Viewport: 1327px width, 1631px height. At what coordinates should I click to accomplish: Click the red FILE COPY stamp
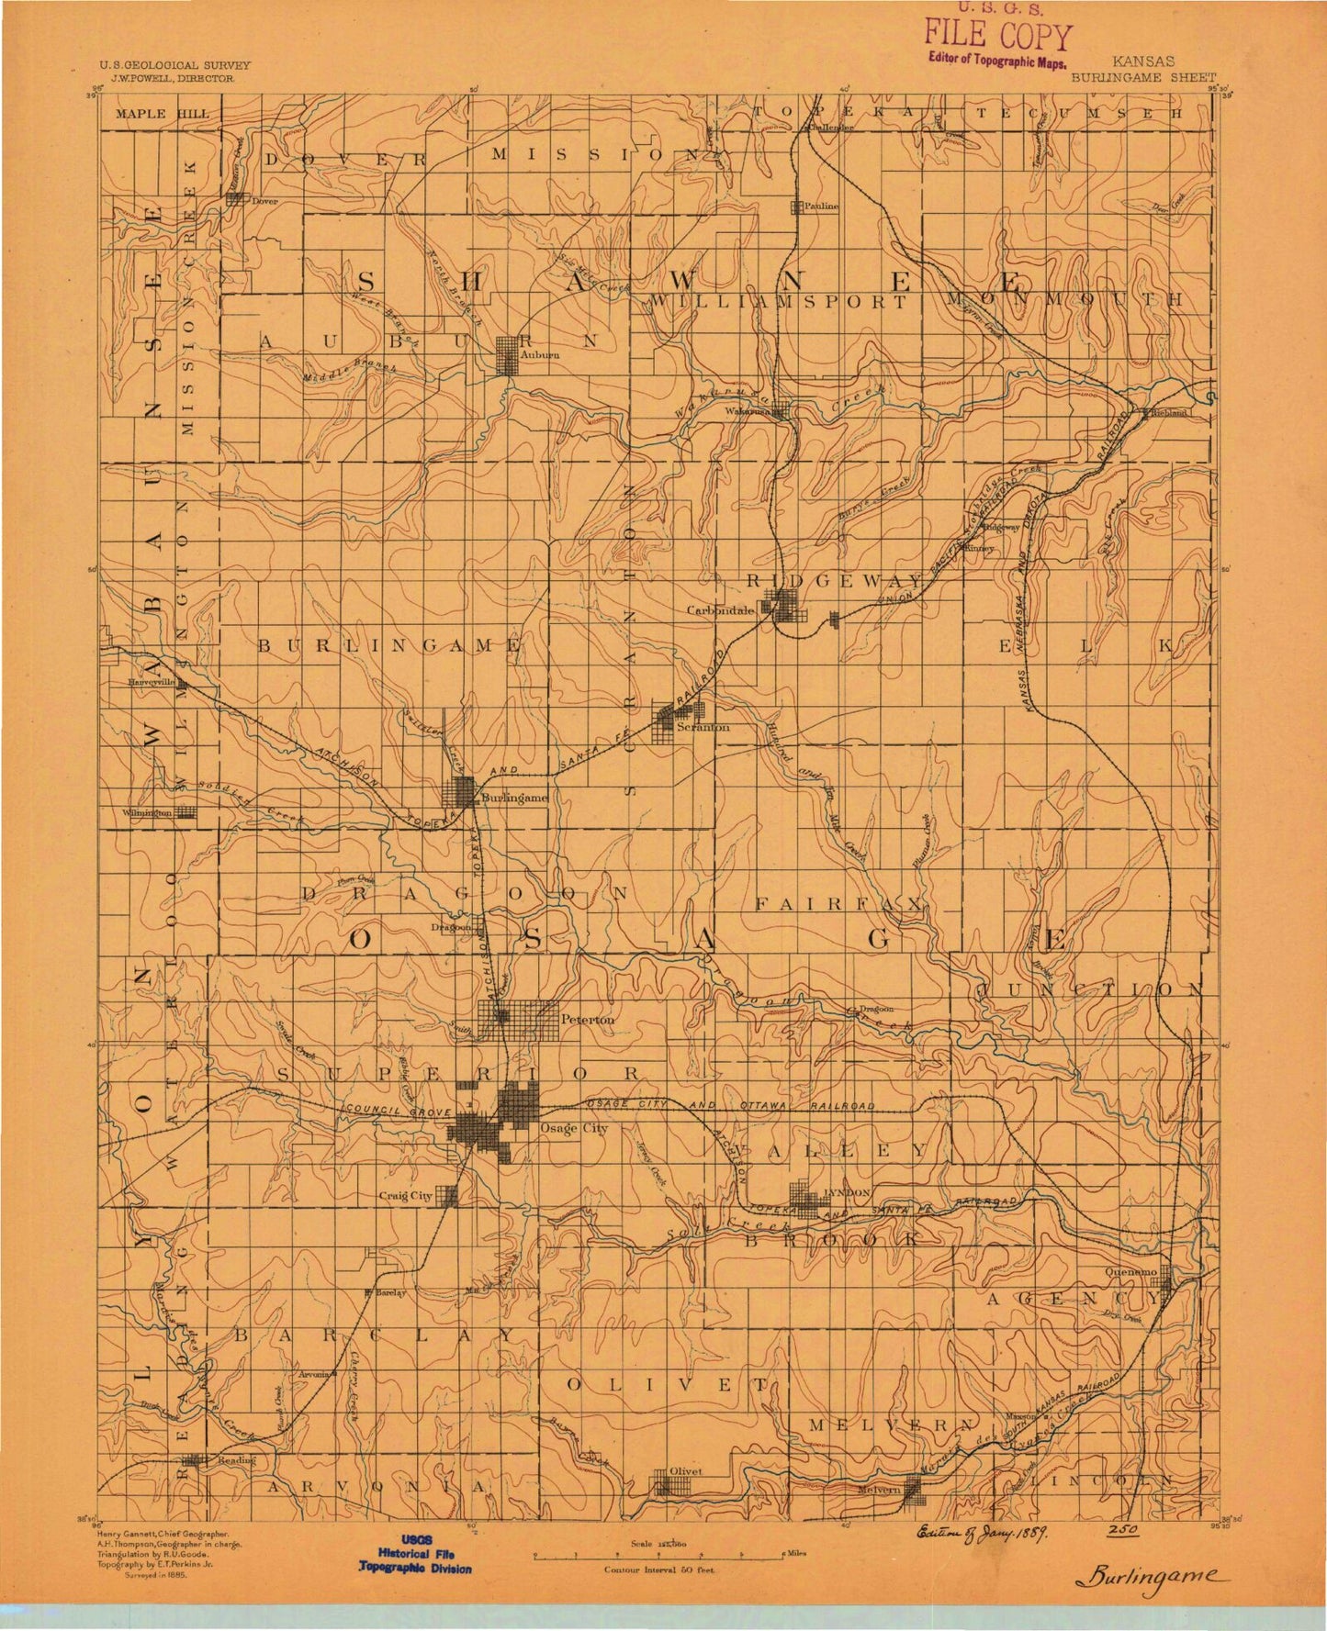coord(997,38)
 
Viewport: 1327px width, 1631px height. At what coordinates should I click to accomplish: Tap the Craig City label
coord(405,1196)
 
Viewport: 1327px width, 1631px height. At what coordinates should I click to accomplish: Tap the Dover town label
coord(264,200)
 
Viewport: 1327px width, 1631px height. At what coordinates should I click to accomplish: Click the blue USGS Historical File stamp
coord(416,1554)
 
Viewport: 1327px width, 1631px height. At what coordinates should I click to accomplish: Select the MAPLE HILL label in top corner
coord(154,114)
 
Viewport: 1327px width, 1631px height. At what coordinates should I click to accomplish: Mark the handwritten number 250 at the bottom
coord(1122,1531)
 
